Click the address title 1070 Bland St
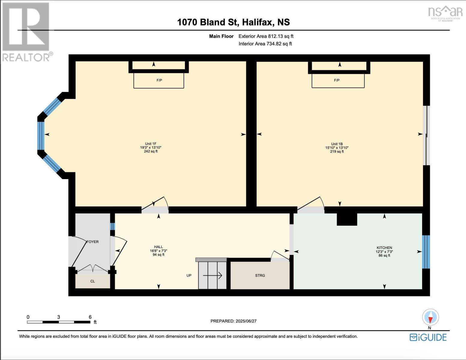point(233,22)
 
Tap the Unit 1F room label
point(151,144)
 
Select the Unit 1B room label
point(337,144)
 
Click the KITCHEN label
point(384,248)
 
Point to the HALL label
point(158,247)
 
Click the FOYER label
point(92,242)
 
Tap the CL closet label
point(92,281)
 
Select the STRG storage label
point(260,275)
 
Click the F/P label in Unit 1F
point(159,80)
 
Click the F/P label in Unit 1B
point(337,80)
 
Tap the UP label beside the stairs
point(189,275)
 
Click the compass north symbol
point(431,317)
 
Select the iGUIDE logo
point(428,337)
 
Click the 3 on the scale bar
point(59,317)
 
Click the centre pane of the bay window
point(41,136)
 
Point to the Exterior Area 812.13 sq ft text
point(266,36)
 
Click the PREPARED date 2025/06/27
point(233,321)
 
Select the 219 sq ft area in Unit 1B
point(337,152)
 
